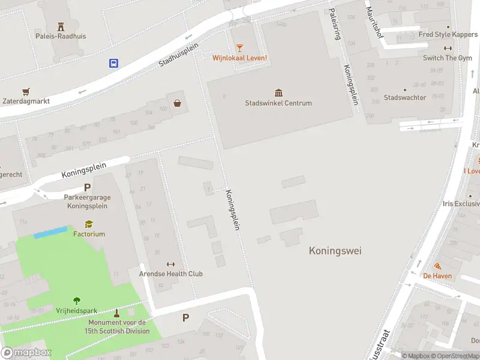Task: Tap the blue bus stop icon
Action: coord(113,62)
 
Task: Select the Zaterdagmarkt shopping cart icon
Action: coord(25,92)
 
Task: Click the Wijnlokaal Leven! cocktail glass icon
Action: coord(239,47)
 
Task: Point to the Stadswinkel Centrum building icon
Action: coord(278,92)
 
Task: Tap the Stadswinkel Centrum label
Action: coord(278,103)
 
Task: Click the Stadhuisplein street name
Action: coord(178,54)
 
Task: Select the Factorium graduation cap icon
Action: coord(89,224)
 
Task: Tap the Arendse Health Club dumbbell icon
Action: coord(170,264)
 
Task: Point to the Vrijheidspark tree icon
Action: coord(77,301)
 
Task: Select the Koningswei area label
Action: coord(335,251)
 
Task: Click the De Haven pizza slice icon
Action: coord(437,266)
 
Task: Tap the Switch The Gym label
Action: coord(447,58)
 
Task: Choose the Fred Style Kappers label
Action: coord(448,35)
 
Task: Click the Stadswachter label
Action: coord(405,98)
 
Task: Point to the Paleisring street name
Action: coord(335,24)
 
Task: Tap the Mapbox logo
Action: coord(26,353)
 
